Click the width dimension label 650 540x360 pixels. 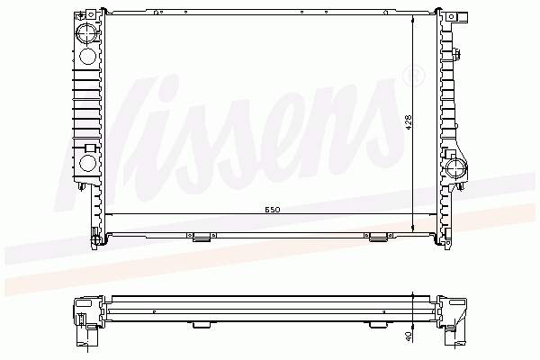coord(272,209)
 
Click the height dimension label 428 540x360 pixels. coord(408,122)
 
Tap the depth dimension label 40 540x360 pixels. coord(409,336)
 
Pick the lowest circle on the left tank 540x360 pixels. coord(86,163)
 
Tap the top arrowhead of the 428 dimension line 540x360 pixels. coord(413,19)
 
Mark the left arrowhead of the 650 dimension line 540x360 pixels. coord(108,214)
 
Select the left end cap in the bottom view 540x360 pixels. coord(88,319)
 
